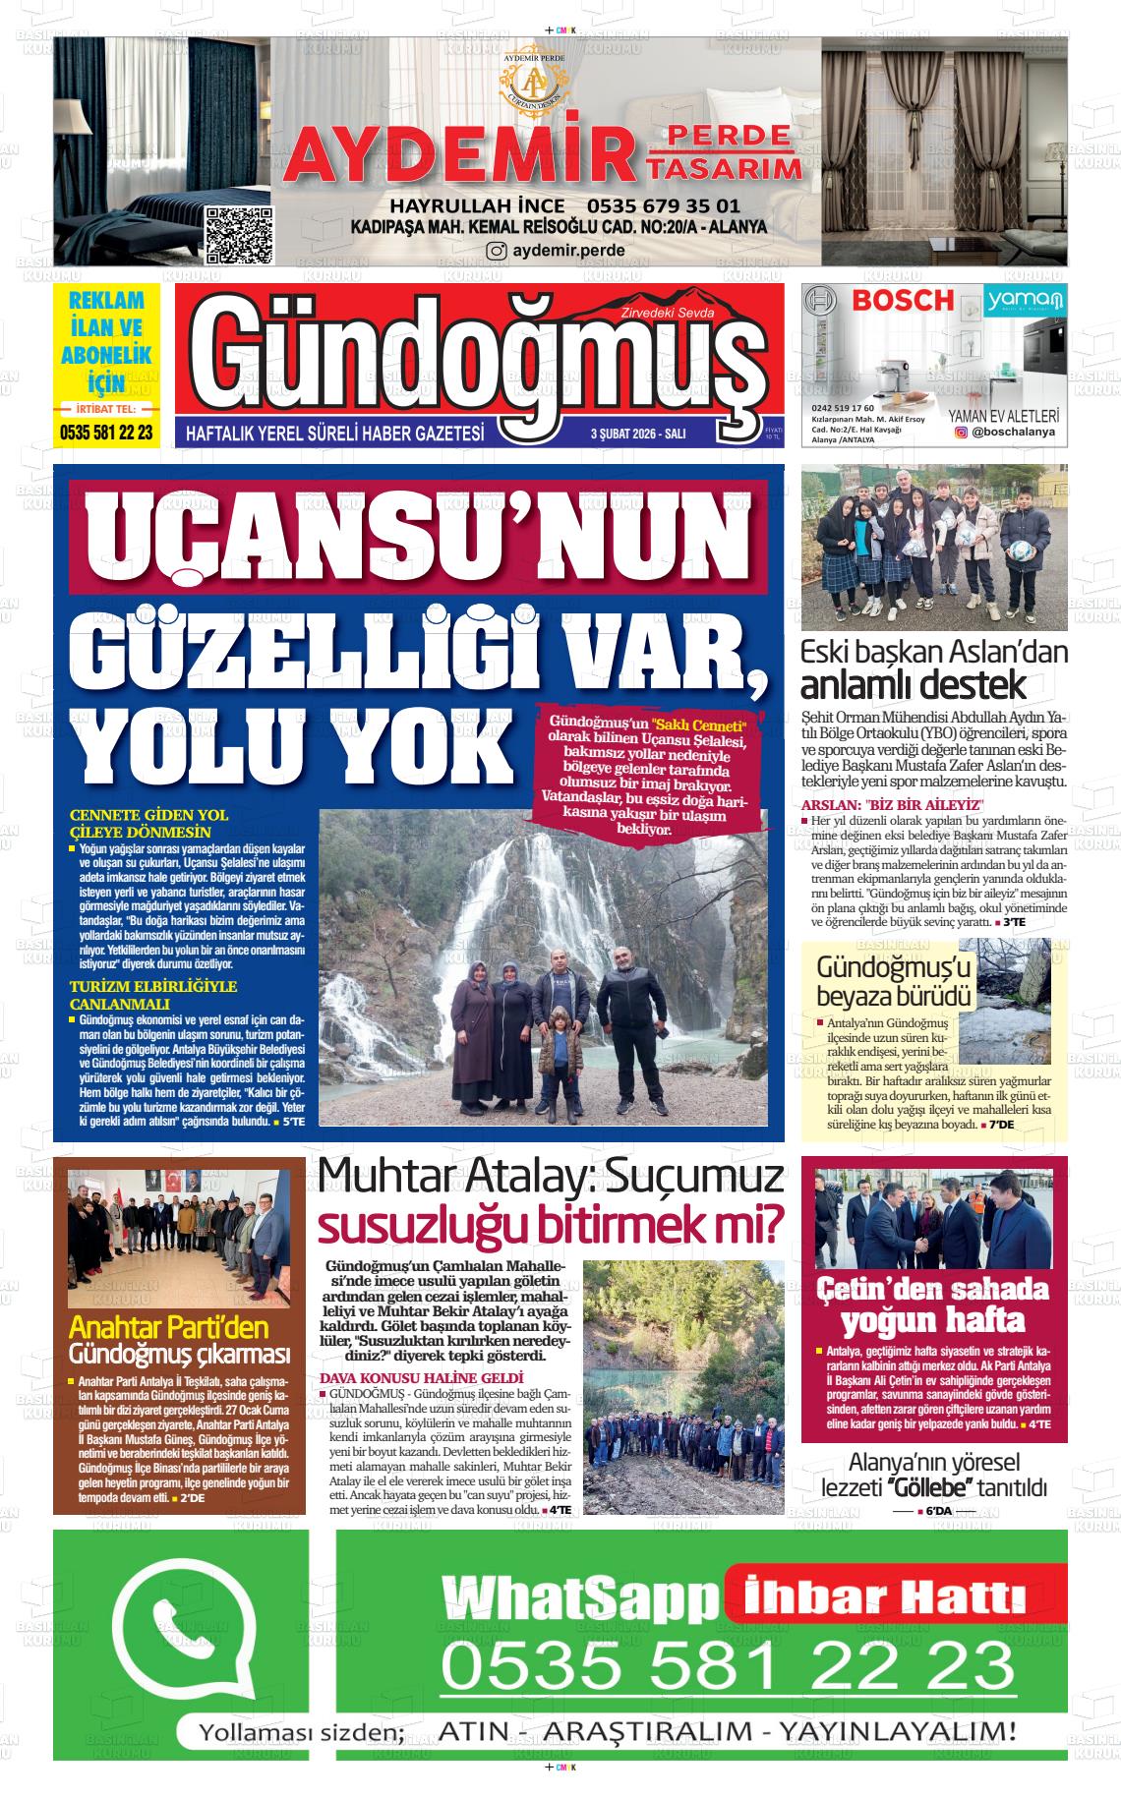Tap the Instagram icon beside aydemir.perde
[x=498, y=251]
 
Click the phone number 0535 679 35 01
[x=664, y=206]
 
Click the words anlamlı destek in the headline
[x=914, y=684]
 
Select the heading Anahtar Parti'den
[x=168, y=1327]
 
